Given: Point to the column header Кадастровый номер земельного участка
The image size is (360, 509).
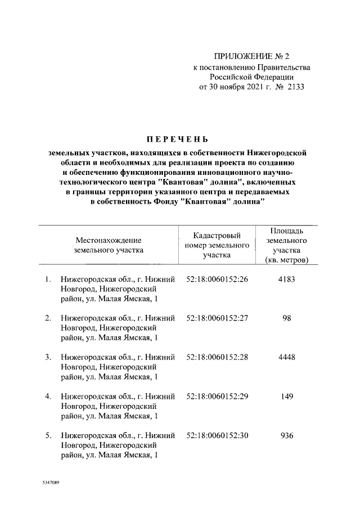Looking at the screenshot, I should pyautogui.click(x=217, y=245).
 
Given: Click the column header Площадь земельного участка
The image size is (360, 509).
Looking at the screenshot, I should pyautogui.click(x=287, y=245).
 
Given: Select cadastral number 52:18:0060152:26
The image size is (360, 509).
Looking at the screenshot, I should pyautogui.click(x=217, y=279).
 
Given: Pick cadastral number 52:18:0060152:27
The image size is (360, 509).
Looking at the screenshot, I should pyautogui.click(x=217, y=318).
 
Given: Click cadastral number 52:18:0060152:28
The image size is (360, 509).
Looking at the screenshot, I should pyautogui.click(x=217, y=357).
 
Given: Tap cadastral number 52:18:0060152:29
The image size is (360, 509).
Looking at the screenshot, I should pyautogui.click(x=217, y=396).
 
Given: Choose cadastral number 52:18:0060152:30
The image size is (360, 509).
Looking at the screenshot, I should pyautogui.click(x=217, y=435).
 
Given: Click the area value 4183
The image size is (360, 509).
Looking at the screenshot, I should pyautogui.click(x=287, y=279).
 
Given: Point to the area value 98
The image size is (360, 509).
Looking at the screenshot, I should pyautogui.click(x=287, y=318).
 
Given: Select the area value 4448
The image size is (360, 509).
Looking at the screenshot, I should pyautogui.click(x=287, y=357).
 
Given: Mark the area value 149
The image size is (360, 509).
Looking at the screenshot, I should pyautogui.click(x=287, y=396).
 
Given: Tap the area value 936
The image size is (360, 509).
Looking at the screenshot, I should pyautogui.click(x=287, y=435).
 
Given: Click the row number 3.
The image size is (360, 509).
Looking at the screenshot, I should pyautogui.click(x=48, y=357).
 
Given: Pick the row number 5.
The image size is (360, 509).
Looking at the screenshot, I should pyautogui.click(x=48, y=435).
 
